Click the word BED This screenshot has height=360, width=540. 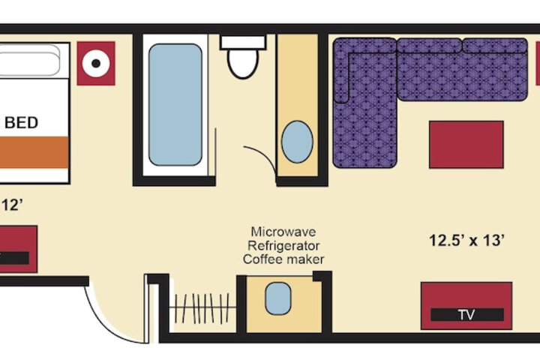[22, 123]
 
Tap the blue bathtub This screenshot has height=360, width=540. [175, 104]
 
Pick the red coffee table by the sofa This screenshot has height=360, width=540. [466, 145]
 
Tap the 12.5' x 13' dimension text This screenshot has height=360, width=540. [466, 241]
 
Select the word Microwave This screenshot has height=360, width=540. [283, 232]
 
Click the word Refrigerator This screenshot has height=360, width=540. [283, 245]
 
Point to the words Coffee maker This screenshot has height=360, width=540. [283, 259]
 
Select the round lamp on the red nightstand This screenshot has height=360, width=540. [96, 63]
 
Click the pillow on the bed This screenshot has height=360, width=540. [30, 60]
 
